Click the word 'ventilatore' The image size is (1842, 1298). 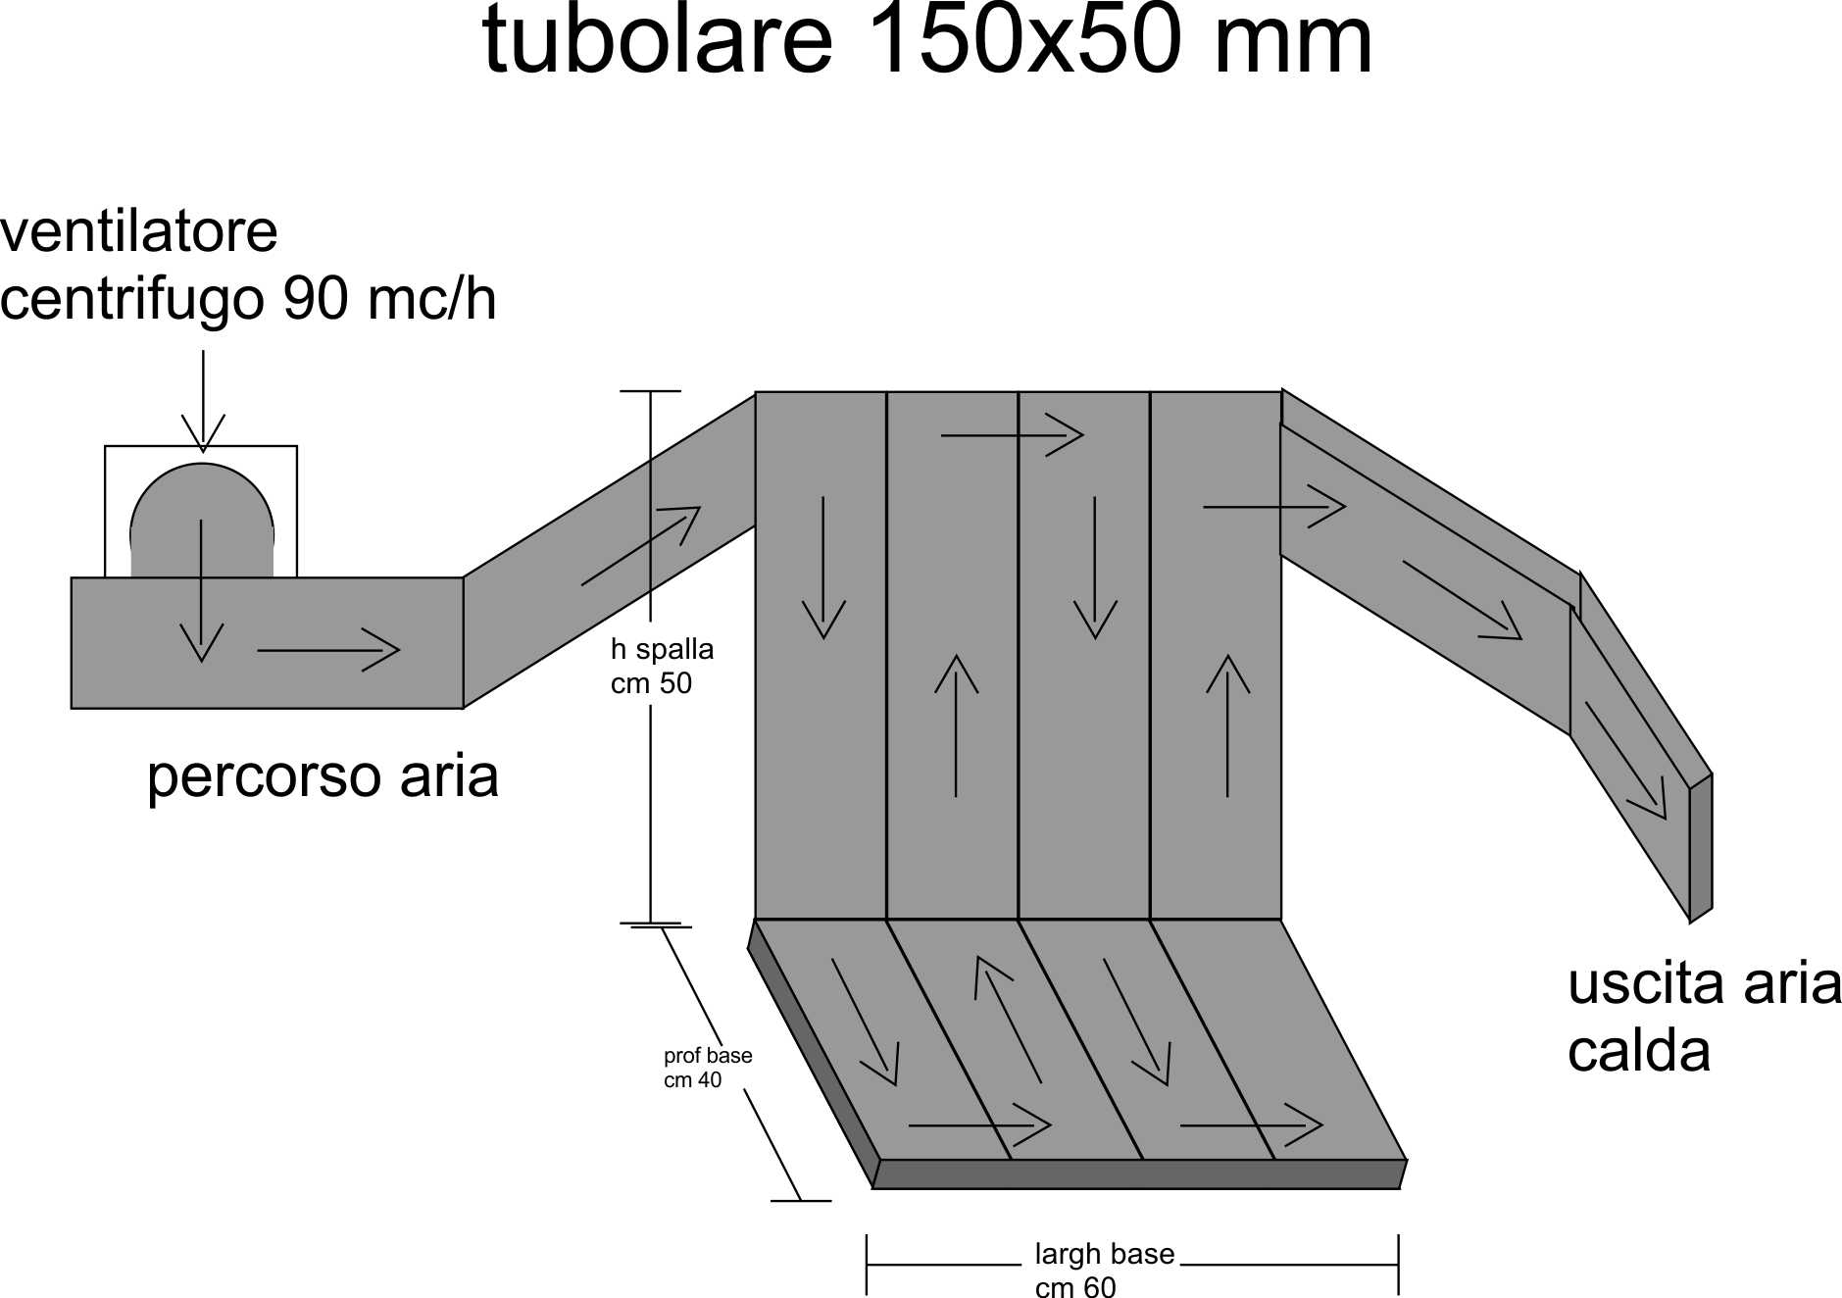point(139,232)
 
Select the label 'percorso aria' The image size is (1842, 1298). point(323,777)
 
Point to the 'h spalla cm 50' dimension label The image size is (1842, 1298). point(662,666)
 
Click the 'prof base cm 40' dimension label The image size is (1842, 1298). point(708,1068)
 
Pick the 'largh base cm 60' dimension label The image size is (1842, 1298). point(1104,1271)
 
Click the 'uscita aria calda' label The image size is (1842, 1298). point(1704,1018)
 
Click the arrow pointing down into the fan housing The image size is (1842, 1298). point(203,401)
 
